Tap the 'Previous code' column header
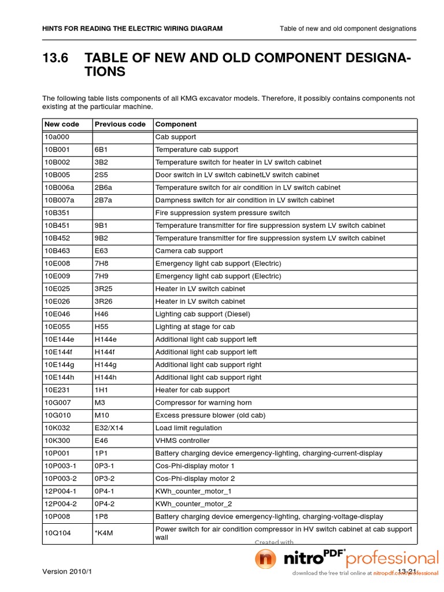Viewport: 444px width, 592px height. tap(120, 124)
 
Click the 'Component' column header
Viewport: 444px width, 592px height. tap(176, 124)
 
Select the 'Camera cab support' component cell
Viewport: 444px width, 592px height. tap(188, 251)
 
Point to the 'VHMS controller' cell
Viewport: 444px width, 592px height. tap(182, 441)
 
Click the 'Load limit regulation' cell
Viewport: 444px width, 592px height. tap(188, 428)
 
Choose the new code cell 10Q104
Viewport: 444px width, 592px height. tap(57, 533)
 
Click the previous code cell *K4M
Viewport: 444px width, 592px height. tap(104, 533)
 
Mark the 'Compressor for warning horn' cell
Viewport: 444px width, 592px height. tap(203, 403)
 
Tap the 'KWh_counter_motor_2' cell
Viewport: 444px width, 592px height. tap(193, 504)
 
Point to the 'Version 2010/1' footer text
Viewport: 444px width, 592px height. tap(67, 571)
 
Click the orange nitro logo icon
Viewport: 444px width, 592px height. tap(266, 560)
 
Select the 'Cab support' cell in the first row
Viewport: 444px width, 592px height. tap(176, 137)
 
